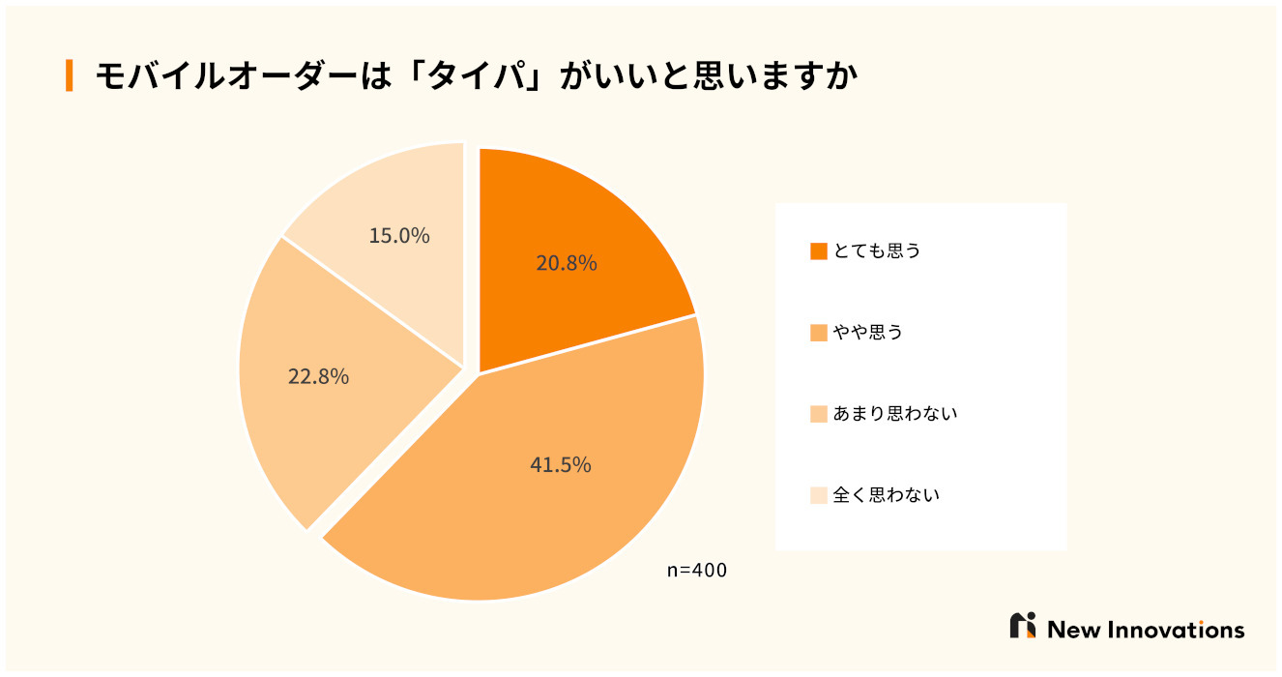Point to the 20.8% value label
(x=567, y=263)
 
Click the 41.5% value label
(x=561, y=465)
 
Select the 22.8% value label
(x=318, y=377)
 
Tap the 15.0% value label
(x=399, y=236)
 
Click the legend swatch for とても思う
(x=819, y=251)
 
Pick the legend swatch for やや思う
(x=819, y=334)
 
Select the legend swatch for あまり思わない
(x=819, y=415)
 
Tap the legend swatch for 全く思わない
(x=819, y=496)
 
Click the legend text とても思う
(x=877, y=251)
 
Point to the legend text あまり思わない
(x=895, y=415)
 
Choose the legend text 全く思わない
(x=887, y=496)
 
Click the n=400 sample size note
(x=697, y=571)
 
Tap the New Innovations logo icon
(x=1023, y=626)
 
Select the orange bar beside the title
(x=69, y=75)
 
